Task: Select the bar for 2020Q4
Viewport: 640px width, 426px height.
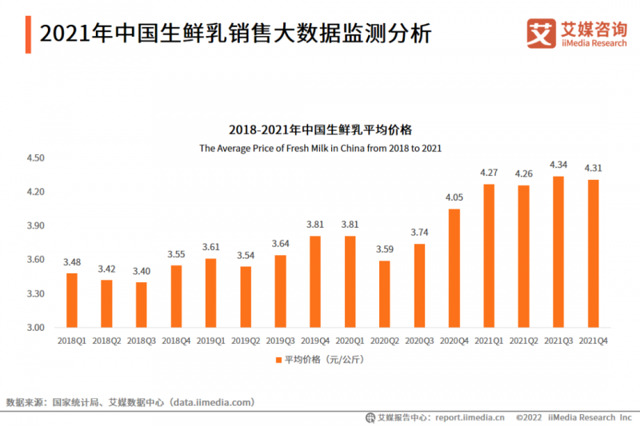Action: coord(454,268)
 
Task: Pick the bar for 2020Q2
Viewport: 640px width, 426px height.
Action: coord(384,293)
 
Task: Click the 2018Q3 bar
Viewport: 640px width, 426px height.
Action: coord(142,305)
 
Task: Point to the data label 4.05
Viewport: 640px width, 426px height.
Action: coord(454,197)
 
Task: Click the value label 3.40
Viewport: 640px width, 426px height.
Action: coord(142,270)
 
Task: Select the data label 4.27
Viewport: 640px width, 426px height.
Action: coord(489,172)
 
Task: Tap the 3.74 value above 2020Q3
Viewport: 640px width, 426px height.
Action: coord(419,232)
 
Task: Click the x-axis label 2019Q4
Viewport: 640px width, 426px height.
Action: coord(314,340)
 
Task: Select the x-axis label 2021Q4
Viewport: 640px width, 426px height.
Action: coord(593,340)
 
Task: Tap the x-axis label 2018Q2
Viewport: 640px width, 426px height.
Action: coord(106,340)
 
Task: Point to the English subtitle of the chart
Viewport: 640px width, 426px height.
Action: coord(320,149)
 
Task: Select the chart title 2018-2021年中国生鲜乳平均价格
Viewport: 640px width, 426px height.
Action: coord(320,129)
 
